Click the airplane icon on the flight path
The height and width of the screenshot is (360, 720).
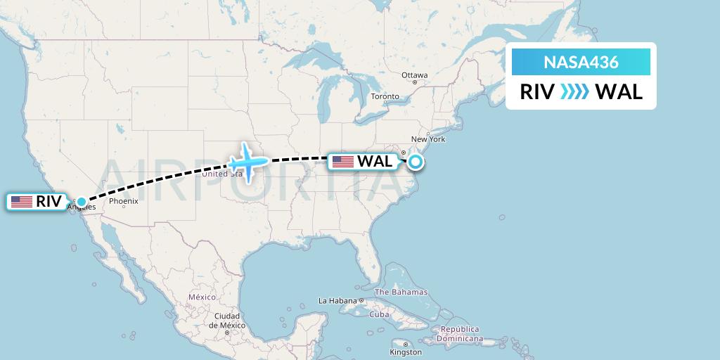point(247,162)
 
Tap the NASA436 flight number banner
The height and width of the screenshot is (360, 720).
point(581,62)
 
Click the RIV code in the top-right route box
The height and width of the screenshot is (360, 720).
point(537,91)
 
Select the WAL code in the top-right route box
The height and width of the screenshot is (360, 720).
point(619,91)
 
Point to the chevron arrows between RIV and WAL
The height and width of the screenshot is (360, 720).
point(575,91)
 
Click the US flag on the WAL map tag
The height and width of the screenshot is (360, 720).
point(343,162)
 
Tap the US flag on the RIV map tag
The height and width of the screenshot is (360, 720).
point(22,202)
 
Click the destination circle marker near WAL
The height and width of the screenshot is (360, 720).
point(416,162)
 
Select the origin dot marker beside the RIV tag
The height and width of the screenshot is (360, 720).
point(82,202)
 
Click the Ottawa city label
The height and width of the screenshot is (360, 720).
point(414,75)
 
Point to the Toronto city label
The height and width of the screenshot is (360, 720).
point(385,96)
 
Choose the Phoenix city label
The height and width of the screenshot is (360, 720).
point(124,201)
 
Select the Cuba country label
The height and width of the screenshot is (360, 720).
point(380,314)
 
